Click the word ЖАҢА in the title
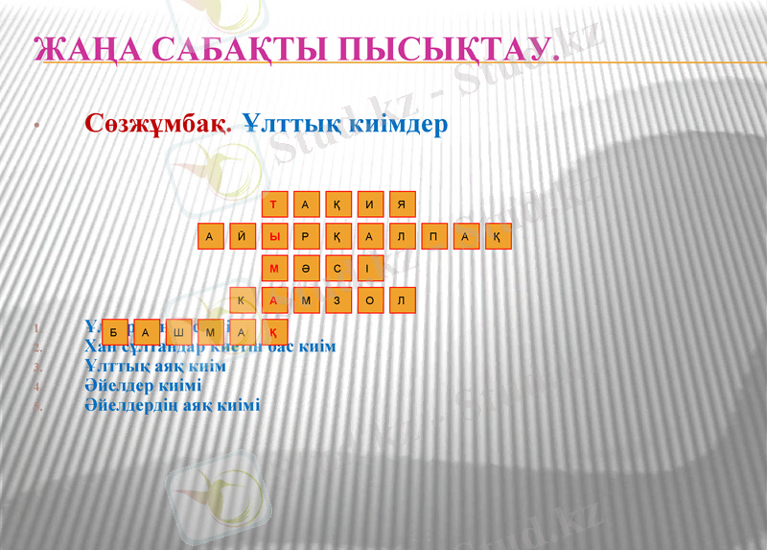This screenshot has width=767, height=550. click(82, 49)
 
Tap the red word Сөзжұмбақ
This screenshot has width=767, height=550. click(157, 124)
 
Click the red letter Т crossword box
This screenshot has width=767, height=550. click(274, 203)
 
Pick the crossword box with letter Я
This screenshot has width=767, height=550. click(402, 203)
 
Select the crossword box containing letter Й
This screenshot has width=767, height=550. click(243, 236)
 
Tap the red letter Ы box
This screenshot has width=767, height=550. click(274, 236)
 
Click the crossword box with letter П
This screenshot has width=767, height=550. click(433, 236)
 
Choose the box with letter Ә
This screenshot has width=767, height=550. click(306, 269)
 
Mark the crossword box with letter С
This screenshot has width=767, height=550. click(337, 269)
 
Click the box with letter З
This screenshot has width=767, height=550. click(337, 301)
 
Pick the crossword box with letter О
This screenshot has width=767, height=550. click(370, 301)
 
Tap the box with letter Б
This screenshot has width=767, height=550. click(114, 332)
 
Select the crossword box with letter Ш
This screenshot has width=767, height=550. click(178, 332)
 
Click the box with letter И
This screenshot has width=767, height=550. click(370, 203)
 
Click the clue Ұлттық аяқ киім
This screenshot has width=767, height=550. click(154, 367)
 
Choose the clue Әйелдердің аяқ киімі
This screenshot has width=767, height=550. click(172, 405)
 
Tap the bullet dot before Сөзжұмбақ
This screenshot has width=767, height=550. click(35, 126)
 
